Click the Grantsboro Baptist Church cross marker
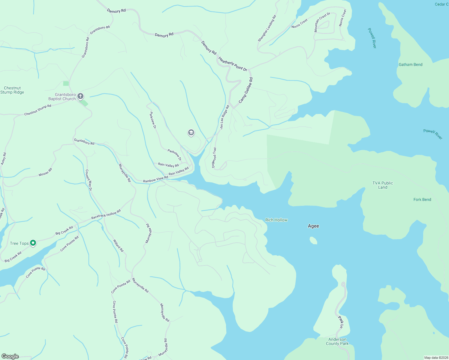80,96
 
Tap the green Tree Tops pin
33,243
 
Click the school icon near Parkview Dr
191,132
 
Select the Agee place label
313,226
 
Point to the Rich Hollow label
276,220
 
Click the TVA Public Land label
382,185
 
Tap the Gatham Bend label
410,64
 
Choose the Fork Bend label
422,199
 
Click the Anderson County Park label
337,341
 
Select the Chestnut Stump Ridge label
12,90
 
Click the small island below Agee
313,240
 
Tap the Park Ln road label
341,322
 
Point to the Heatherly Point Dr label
233,64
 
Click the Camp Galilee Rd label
246,90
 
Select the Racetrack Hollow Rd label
106,214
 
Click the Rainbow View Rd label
155,179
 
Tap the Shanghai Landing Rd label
267,28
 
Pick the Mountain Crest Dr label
322,22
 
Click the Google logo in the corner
10,356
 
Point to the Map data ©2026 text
436,358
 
